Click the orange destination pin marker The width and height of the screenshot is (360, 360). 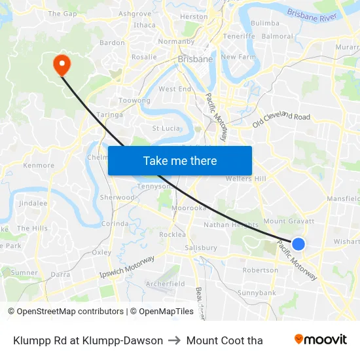[x=61, y=63]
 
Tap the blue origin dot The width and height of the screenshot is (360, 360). [x=298, y=244]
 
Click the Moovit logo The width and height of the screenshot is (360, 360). [x=320, y=339]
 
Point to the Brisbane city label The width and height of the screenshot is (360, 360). [x=195, y=59]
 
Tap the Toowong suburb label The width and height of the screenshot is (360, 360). [x=134, y=101]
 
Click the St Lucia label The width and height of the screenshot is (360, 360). [x=166, y=128]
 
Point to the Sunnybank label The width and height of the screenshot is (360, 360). [x=257, y=293]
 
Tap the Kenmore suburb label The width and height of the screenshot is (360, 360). [x=39, y=166]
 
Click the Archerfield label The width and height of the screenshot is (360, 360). [x=165, y=284]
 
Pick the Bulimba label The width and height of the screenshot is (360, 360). [x=265, y=23]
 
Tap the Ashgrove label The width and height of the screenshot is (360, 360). [x=135, y=13]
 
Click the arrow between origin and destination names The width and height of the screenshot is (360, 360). [x=174, y=340]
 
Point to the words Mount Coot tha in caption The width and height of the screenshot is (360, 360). [x=225, y=340]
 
